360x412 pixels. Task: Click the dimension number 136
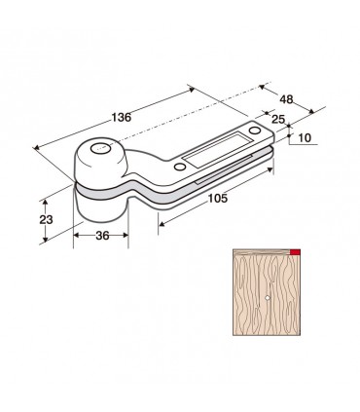coord(122,117)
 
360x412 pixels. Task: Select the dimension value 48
coord(286,99)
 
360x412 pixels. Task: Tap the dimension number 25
coord(278,119)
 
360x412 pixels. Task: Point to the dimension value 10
coord(305,138)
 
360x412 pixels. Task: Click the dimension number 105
coord(218,198)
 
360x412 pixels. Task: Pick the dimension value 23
coord(46,220)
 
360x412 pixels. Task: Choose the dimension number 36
coord(102,236)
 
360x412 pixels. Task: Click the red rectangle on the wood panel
coord(295,252)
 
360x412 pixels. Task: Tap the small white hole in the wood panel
coord(267,297)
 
